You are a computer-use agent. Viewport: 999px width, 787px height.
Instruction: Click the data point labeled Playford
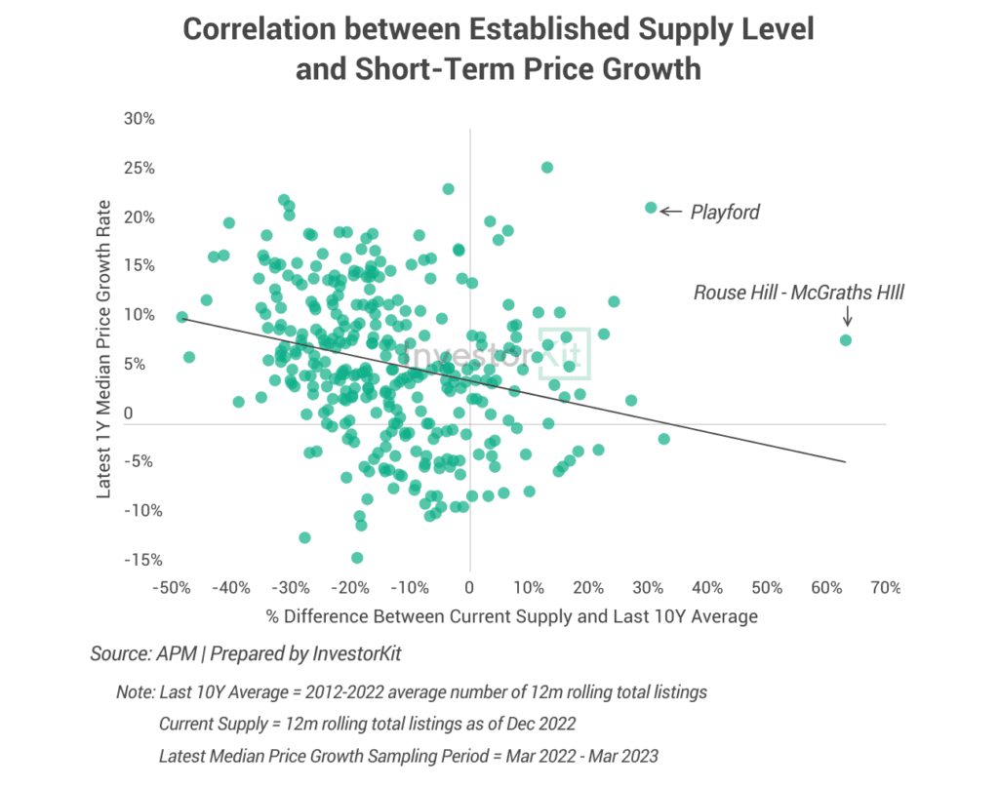pyautogui.click(x=651, y=208)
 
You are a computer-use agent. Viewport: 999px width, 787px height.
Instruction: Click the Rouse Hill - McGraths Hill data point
pyautogui.click(x=846, y=339)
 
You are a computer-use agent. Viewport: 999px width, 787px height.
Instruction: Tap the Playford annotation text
pyautogui.click(x=725, y=212)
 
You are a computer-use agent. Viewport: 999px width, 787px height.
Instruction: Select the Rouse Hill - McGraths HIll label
pyautogui.click(x=799, y=292)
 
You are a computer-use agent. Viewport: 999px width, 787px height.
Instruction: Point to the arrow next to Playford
pyautogui.click(x=671, y=210)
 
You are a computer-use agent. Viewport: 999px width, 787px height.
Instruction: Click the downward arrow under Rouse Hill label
pyautogui.click(x=847, y=316)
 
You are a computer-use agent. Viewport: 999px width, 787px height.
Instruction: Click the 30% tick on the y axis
pyautogui.click(x=140, y=119)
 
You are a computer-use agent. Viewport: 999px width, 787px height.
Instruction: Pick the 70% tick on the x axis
pyautogui.click(x=885, y=588)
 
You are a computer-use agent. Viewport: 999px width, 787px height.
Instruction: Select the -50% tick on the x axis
pyautogui.click(x=171, y=588)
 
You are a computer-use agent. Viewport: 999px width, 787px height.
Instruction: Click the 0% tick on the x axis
pyautogui.click(x=469, y=588)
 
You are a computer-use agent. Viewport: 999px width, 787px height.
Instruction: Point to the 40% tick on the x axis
pyautogui.click(x=706, y=588)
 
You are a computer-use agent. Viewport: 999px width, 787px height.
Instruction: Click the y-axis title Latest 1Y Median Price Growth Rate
pyautogui.click(x=104, y=349)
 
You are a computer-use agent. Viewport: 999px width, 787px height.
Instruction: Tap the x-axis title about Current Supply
pyautogui.click(x=511, y=617)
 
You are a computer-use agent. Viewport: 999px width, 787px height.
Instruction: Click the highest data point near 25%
pyautogui.click(x=547, y=167)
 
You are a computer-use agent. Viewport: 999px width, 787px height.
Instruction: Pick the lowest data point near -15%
pyautogui.click(x=357, y=558)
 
